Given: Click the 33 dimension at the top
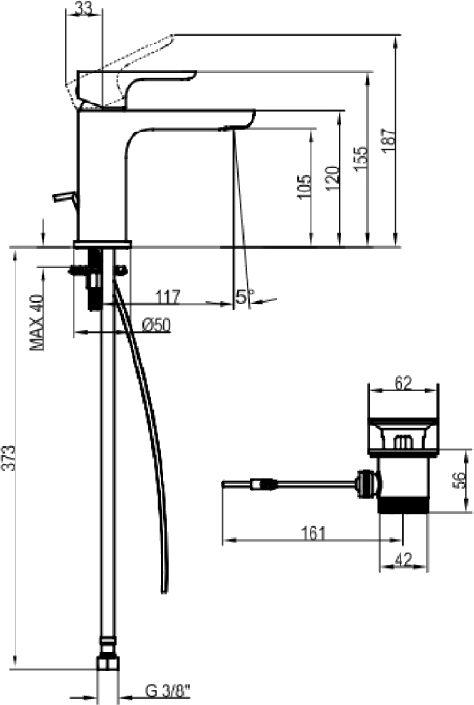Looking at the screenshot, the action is pyautogui.click(x=83, y=8).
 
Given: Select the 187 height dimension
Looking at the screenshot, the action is pyautogui.click(x=389, y=140).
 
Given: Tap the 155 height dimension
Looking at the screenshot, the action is pyautogui.click(x=360, y=159).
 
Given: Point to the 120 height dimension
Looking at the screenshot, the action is pyautogui.click(x=332, y=178).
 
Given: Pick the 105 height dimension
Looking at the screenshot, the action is pyautogui.click(x=304, y=186).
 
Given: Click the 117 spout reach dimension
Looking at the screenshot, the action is pyautogui.click(x=167, y=297).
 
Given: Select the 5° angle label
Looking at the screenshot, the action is pyautogui.click(x=244, y=296).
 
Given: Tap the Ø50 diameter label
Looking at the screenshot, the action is pyautogui.click(x=156, y=324).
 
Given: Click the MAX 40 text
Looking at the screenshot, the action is pyautogui.click(x=37, y=322).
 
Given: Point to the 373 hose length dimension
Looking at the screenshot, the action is pyautogui.click(x=8, y=457).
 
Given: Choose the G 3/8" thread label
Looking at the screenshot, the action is pyautogui.click(x=168, y=691).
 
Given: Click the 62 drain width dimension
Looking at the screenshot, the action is pyautogui.click(x=403, y=384).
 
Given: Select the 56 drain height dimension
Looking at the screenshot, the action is pyautogui.click(x=458, y=482).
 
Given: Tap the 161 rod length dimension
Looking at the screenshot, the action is pyautogui.click(x=313, y=533).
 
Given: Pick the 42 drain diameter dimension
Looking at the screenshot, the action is pyautogui.click(x=403, y=559).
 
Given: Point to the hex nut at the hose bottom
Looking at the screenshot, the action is pyautogui.click(x=108, y=662).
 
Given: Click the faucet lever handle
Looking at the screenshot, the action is pyautogui.click(x=137, y=88).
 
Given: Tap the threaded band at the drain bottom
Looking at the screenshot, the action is pyautogui.click(x=402, y=505).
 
